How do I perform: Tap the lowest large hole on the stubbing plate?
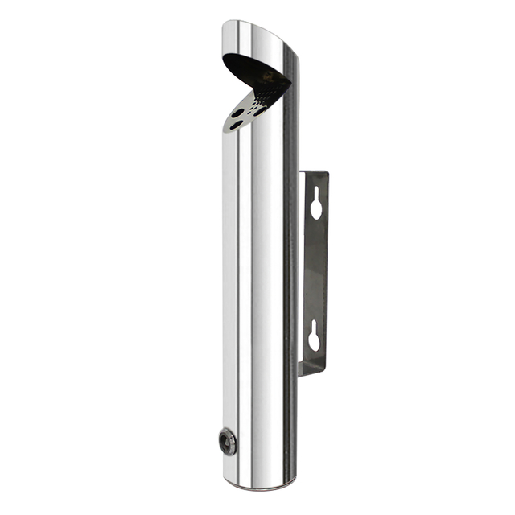tap(234, 126)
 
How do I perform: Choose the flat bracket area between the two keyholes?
tap(315, 270)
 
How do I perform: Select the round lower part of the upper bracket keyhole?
tap(316, 208)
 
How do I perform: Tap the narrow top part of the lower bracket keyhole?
tap(315, 327)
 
